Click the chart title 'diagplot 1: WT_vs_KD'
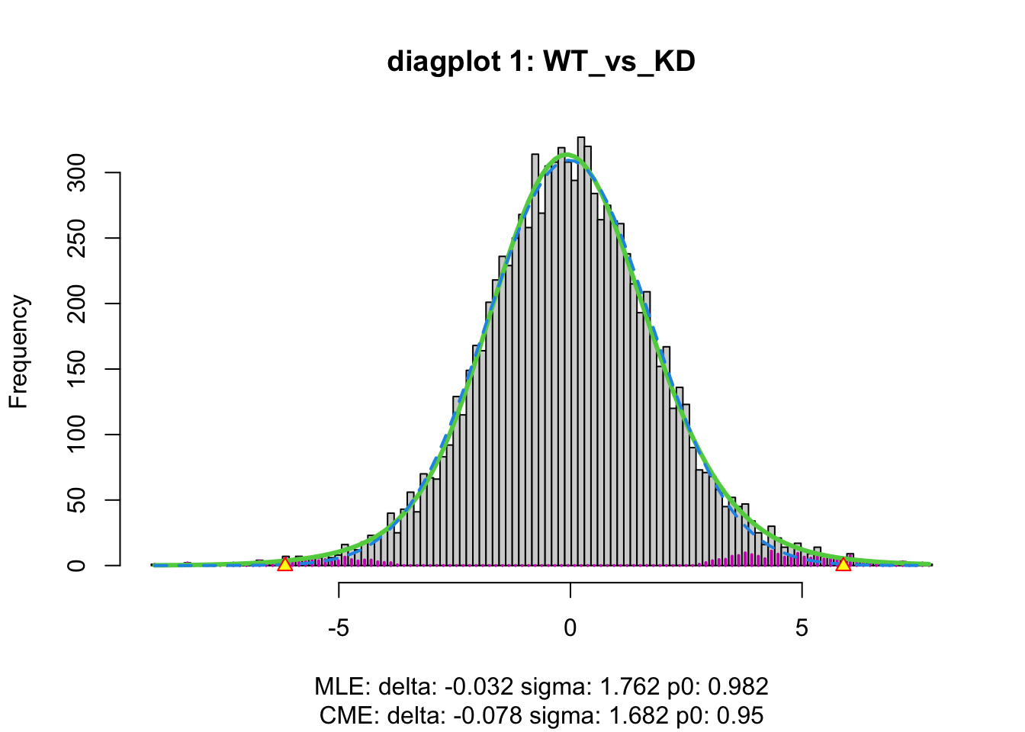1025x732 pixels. [x=541, y=61]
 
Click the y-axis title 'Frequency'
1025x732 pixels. [x=18, y=352]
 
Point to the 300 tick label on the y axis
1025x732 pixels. [x=76, y=173]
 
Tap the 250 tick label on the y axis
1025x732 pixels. [x=76, y=238]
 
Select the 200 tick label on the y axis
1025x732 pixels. [x=76, y=303]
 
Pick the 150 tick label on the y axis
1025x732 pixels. [x=76, y=369]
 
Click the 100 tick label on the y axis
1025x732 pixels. [x=76, y=435]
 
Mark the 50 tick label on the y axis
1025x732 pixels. [x=76, y=500]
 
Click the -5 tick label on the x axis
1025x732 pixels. [x=338, y=628]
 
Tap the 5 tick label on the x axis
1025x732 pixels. [x=802, y=628]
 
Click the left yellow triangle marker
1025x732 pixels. [x=284, y=564]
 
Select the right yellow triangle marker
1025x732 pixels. [x=843, y=564]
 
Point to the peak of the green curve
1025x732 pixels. [x=567, y=155]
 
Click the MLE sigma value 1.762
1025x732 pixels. [x=627, y=687]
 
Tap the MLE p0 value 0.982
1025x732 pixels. [x=738, y=687]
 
